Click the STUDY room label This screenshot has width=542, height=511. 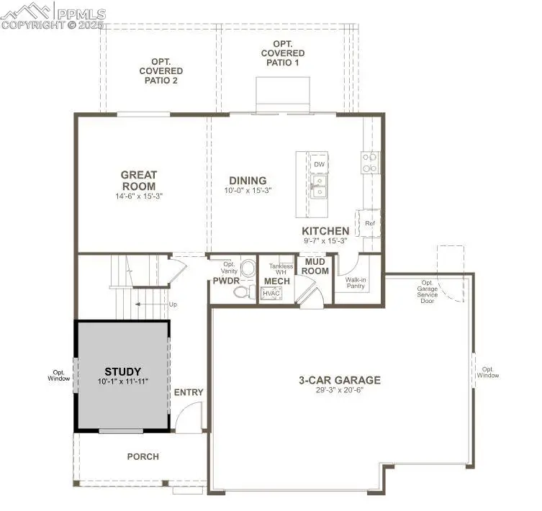point(122,371)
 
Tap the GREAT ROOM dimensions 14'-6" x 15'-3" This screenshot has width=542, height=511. point(139,196)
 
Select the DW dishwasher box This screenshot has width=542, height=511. point(319,164)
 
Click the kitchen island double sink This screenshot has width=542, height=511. point(319,186)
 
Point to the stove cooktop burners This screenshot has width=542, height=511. point(369,163)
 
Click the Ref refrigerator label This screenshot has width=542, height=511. point(370,223)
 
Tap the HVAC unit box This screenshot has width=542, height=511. point(271,294)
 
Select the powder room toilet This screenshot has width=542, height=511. point(244,291)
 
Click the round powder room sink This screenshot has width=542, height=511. point(248,268)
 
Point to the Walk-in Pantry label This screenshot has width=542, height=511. point(356,283)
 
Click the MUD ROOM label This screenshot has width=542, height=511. point(315,266)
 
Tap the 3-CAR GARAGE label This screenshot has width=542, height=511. point(340,380)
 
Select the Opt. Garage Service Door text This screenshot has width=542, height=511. point(428,291)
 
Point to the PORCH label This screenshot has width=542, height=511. point(143,457)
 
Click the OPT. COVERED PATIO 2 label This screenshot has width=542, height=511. point(161,71)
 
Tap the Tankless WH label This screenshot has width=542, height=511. point(281,269)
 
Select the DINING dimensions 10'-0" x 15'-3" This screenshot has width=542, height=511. point(248,191)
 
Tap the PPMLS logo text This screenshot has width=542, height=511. point(81,14)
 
